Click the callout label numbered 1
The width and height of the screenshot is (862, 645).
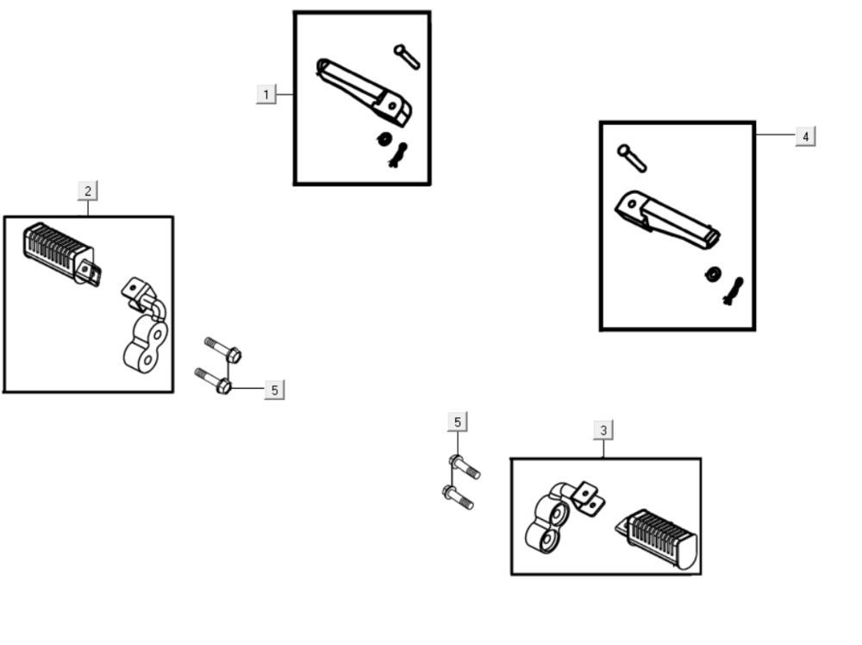[x=266, y=95]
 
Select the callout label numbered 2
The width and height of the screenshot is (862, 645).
[x=88, y=191]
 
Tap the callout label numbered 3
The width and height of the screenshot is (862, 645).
[x=603, y=430]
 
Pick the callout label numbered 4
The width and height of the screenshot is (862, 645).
[x=805, y=136]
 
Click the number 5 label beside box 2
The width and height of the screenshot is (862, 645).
[x=274, y=390]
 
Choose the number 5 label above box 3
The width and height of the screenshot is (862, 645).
[x=458, y=423]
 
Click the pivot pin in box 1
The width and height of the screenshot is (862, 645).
[x=407, y=57]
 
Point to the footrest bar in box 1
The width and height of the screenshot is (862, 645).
[x=363, y=91]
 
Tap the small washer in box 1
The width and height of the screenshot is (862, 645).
[x=384, y=139]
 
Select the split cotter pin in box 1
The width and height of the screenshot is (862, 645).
[x=398, y=154]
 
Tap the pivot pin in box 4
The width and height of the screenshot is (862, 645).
[x=632, y=158]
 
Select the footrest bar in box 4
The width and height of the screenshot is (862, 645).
[x=667, y=219]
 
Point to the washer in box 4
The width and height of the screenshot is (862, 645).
[x=714, y=273]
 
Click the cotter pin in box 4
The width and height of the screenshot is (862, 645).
[x=733, y=291]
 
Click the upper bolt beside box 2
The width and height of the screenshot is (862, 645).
[x=223, y=350]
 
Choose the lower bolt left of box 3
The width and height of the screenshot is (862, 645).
[x=458, y=497]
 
